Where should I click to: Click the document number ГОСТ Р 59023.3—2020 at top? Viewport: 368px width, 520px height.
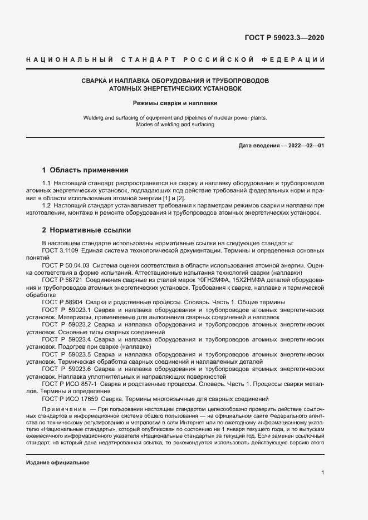(284, 38)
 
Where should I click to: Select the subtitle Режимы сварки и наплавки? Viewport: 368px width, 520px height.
(175, 103)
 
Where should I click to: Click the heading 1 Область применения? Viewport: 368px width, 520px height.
(85, 170)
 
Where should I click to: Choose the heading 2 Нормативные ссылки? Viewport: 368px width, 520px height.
(86, 230)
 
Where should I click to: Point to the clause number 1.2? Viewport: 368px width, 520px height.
(47, 206)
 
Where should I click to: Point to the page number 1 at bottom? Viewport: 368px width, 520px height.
(322, 473)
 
